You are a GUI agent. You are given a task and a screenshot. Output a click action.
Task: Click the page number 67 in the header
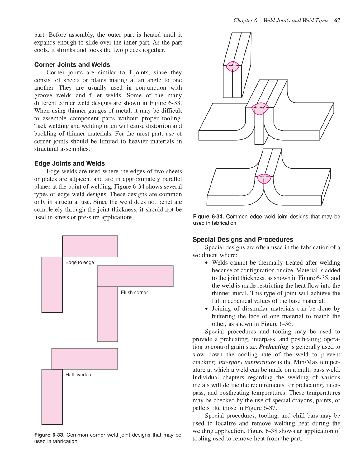tap(337, 21)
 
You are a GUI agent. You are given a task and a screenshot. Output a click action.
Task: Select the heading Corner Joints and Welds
tap(72, 64)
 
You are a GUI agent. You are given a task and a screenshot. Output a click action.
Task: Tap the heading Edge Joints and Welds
tap(69, 163)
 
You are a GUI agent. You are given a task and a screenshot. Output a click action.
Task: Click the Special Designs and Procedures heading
tap(243, 239)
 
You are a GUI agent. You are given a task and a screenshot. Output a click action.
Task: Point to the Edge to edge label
tap(79, 262)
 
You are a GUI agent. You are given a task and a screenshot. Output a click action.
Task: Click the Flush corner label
tap(134, 292)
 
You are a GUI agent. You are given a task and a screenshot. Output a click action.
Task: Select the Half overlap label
tap(78, 375)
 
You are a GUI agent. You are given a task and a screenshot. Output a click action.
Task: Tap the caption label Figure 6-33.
tap(49, 435)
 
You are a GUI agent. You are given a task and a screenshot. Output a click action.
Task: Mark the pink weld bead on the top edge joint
tap(232, 66)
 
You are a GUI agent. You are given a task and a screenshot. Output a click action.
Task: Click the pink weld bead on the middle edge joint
tap(260, 109)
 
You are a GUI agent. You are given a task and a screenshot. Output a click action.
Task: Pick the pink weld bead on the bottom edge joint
tap(264, 179)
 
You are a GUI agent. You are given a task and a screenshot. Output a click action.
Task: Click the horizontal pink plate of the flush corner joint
tap(135, 276)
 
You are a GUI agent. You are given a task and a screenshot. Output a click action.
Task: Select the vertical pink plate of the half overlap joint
tap(52, 397)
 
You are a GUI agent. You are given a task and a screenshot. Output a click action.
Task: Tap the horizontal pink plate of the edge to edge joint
tap(90, 246)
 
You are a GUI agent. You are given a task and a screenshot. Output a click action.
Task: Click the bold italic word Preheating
tap(273, 347)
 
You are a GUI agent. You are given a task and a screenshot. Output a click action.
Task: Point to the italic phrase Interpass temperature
tap(247, 362)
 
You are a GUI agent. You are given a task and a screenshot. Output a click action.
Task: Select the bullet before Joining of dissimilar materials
tap(206, 309)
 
